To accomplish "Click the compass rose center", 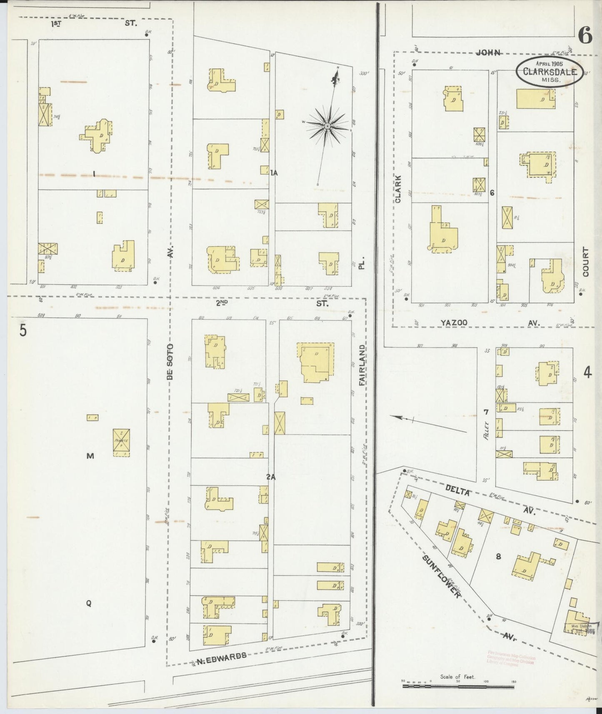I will coord(327,126).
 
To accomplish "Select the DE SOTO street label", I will coord(170,362).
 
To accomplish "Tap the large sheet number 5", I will coord(22,330).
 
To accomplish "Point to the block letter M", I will coord(90,456).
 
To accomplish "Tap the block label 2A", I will coord(271,477).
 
